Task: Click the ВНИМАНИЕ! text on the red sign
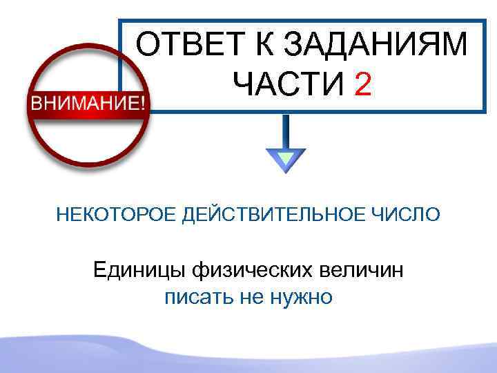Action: (x=87, y=104)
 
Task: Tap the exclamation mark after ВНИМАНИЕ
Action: (x=142, y=104)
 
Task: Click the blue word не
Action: (x=247, y=297)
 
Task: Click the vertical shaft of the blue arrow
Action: (x=285, y=131)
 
